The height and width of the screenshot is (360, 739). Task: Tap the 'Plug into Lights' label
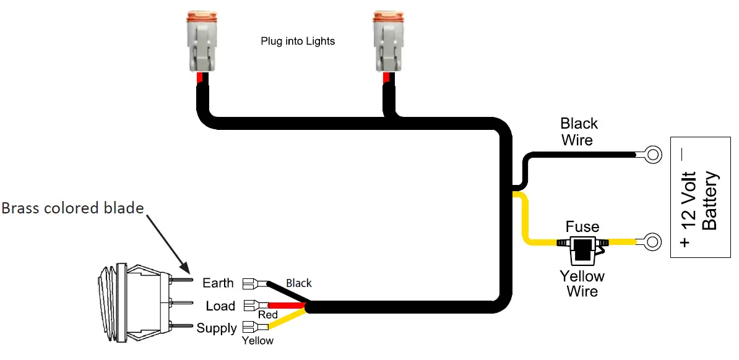coord(298,41)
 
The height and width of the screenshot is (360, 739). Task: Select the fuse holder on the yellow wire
coord(582,249)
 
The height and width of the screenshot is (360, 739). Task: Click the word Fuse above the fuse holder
coord(582,227)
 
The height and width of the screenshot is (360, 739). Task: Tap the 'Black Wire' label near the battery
coord(579,132)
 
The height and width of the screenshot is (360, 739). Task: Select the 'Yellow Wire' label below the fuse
coord(582,283)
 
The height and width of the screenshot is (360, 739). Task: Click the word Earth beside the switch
coord(218,283)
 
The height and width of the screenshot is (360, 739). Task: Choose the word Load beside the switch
coord(220,306)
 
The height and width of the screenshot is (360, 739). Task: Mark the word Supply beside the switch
coord(216,328)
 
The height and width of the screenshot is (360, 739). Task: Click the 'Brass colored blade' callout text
coord(72,208)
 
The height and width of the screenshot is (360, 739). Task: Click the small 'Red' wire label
coord(267,315)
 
